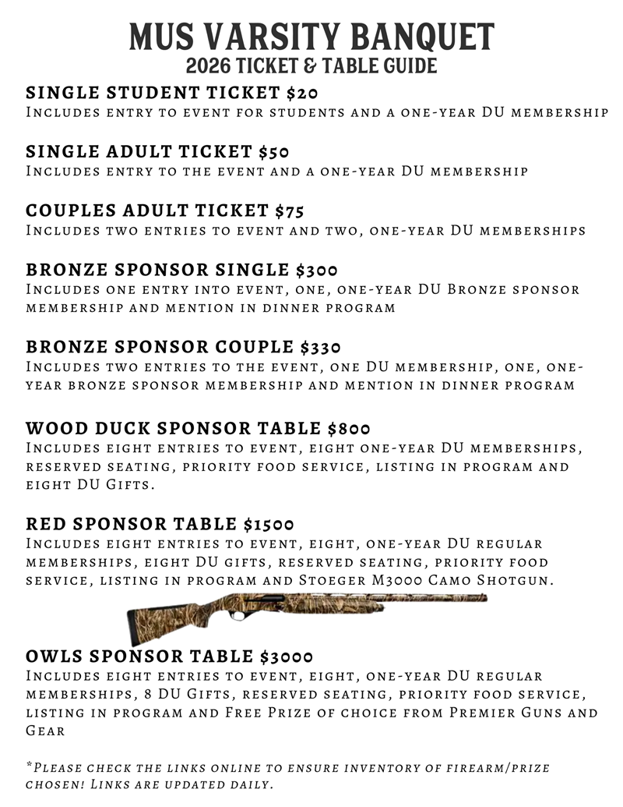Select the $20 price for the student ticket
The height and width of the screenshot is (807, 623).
pos(302,94)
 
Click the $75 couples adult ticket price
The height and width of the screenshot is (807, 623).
pos(290,211)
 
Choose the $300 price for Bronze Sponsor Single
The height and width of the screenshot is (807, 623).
pos(317,270)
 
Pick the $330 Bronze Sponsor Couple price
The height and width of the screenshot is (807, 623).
pos(321,347)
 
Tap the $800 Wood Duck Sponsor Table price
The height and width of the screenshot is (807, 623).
pos(349,428)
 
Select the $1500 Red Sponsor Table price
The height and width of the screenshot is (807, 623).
pos(269,524)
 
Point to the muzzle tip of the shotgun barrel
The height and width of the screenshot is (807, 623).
pos(484,597)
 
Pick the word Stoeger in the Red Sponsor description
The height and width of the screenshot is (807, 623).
pos(329,581)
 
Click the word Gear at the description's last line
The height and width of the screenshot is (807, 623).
pos(45,731)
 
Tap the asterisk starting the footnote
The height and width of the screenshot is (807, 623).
pos(30,766)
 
